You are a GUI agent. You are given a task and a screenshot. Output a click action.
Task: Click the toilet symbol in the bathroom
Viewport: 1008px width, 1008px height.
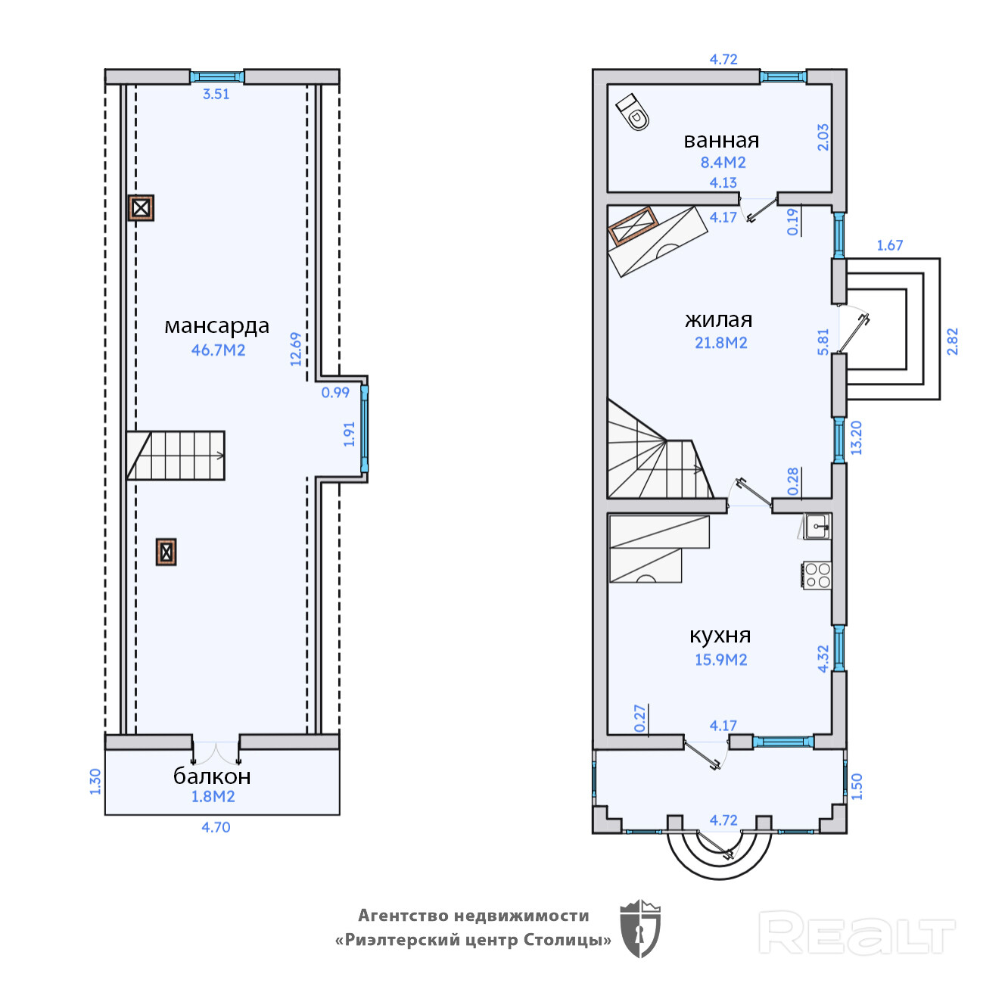point(633,112)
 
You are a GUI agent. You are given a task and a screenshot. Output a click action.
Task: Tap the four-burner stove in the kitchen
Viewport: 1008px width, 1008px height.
point(817,575)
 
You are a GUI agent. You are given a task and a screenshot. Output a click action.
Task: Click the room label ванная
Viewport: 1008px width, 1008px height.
point(721,141)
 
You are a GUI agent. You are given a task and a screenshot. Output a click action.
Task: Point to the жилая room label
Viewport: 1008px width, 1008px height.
point(719,319)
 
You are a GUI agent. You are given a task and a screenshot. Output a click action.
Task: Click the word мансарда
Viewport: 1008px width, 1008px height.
point(216,326)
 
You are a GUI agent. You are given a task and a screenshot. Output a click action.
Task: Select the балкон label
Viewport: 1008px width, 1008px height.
point(212,776)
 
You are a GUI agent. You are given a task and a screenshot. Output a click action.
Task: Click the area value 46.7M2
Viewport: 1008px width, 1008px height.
point(218,350)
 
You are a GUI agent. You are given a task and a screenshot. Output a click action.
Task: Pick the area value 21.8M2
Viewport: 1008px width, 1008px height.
point(721,343)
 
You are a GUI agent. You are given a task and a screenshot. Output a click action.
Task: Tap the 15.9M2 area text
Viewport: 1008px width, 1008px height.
point(721,660)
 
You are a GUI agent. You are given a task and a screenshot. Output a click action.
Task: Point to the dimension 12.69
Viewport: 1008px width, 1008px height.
point(296,350)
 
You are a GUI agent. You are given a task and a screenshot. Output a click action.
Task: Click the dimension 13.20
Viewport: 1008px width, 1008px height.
point(856,438)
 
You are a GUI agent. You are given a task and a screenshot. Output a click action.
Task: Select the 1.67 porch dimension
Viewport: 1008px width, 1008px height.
point(889,245)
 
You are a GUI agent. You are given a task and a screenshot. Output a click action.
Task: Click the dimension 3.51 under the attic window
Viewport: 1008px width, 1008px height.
point(216,94)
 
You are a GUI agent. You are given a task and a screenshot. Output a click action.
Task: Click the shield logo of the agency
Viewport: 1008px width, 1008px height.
point(640,929)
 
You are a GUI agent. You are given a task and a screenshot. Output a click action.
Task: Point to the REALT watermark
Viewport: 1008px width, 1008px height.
point(857,932)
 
